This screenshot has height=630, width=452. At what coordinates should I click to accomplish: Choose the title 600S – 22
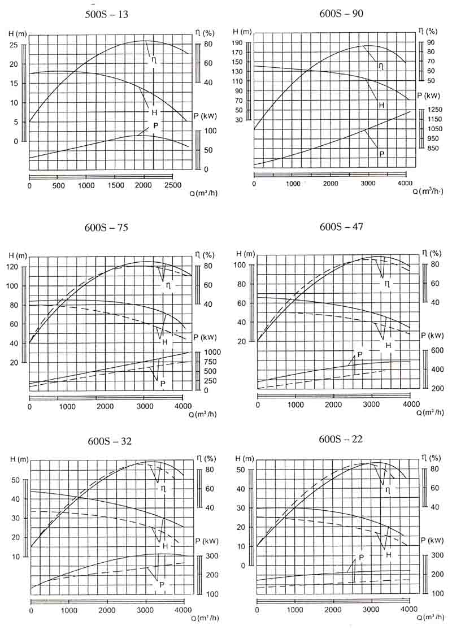[x=336, y=439]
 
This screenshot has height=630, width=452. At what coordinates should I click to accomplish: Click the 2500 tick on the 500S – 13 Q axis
[x=173, y=186]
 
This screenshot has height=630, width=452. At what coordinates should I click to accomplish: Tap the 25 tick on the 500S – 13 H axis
[x=15, y=45]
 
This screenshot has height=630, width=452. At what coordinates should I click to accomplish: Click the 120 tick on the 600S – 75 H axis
[x=13, y=267]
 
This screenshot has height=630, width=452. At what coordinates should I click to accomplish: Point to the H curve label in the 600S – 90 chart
[x=381, y=105]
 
